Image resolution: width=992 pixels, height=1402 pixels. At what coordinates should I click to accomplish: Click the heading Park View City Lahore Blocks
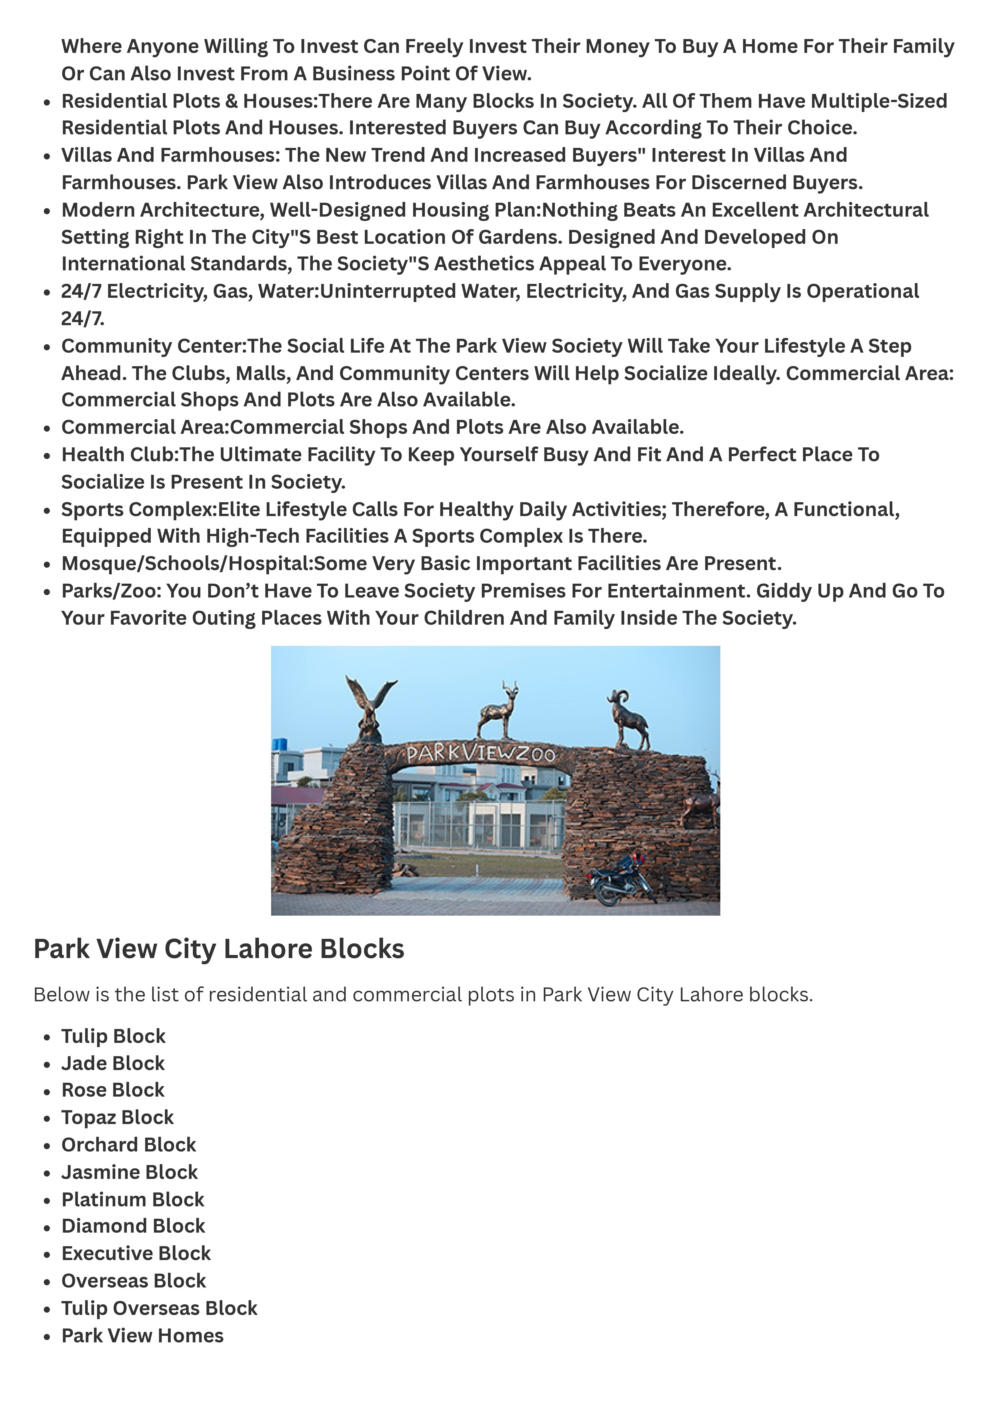[x=219, y=949]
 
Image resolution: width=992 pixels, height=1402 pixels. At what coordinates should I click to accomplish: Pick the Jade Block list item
[x=113, y=1063]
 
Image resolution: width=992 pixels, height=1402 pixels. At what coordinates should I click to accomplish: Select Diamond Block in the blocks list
[x=133, y=1226]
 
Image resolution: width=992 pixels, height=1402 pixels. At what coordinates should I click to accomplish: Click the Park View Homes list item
[x=142, y=1336]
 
